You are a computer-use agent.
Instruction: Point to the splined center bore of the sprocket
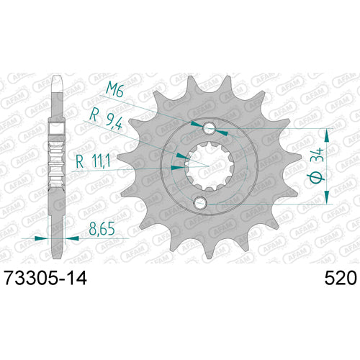[x=210, y=167]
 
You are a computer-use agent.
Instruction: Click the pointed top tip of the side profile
[x=54, y=76]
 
